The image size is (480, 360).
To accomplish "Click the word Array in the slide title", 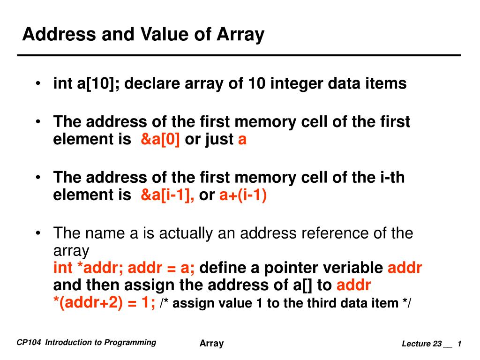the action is (x=240, y=35).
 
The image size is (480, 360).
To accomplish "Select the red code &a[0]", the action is (x=160, y=139).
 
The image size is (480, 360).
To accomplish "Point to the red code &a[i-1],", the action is (x=167, y=195).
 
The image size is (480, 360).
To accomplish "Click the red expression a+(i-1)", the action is (x=243, y=195).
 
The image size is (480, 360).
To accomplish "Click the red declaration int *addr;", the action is (x=88, y=268).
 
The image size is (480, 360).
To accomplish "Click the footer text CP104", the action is (x=29, y=342).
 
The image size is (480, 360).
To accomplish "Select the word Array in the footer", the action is (x=211, y=344).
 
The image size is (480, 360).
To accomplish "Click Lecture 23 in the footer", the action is (x=422, y=344).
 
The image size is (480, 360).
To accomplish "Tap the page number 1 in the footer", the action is (x=459, y=344).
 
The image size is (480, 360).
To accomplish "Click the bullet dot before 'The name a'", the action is (x=38, y=233).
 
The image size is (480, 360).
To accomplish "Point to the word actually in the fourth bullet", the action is (x=186, y=234).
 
